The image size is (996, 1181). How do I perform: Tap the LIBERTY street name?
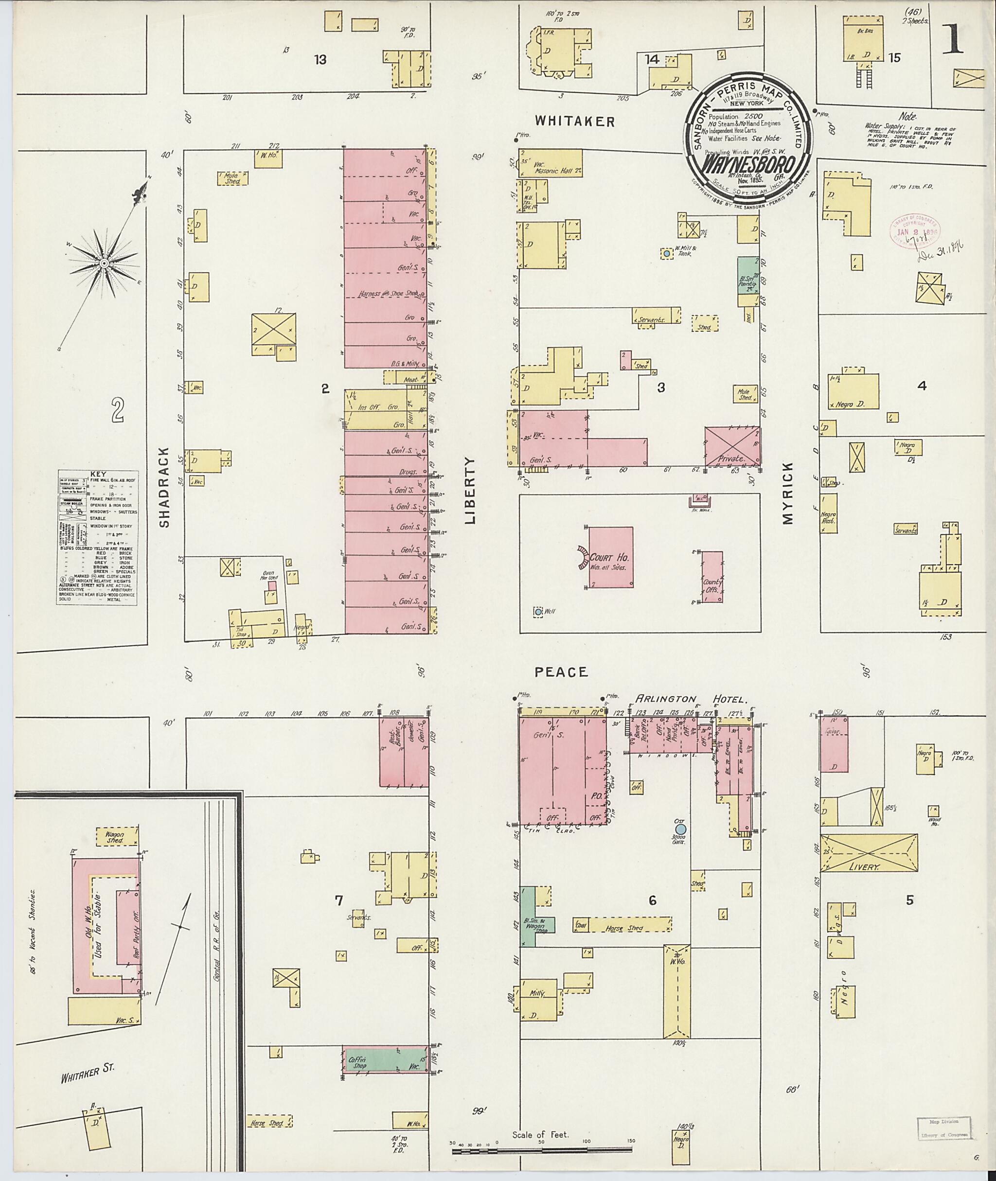pyautogui.click(x=471, y=490)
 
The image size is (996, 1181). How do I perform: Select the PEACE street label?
pyautogui.click(x=561, y=672)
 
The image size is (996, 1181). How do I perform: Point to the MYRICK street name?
pyautogui.click(x=788, y=494)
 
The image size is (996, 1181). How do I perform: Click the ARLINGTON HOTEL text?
pyautogui.click(x=691, y=699)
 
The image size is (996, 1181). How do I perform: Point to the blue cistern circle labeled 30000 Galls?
pyautogui.click(x=680, y=828)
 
